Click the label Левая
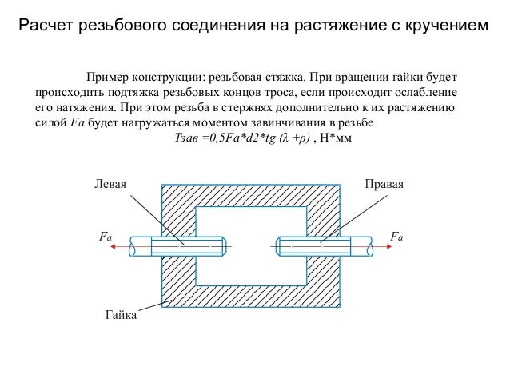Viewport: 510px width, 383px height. pyautogui.click(x=110, y=184)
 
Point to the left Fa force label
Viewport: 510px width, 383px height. pyautogui.click(x=105, y=237)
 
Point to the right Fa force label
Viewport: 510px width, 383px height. pyautogui.click(x=395, y=237)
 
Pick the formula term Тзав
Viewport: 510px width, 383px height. pyautogui.click(x=188, y=138)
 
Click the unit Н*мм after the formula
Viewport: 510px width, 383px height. pyautogui.click(x=336, y=138)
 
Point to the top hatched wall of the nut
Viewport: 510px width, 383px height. pyautogui.click(x=250, y=195)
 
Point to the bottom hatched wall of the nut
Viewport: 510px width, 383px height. pyautogui.click(x=250, y=297)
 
